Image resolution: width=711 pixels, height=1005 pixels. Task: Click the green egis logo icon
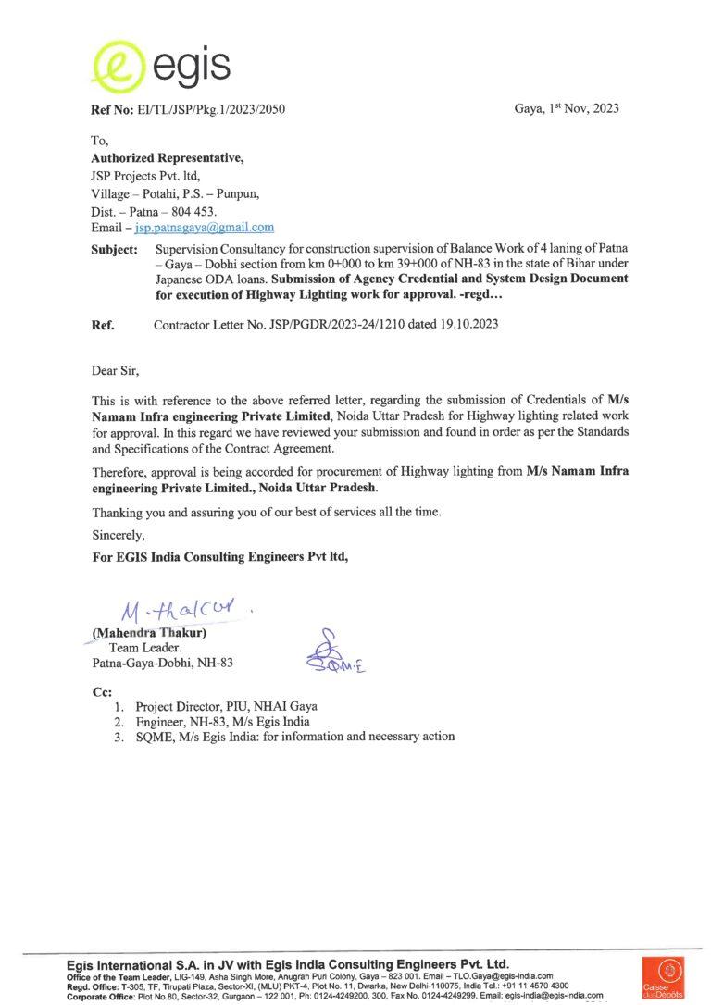[x=118, y=65]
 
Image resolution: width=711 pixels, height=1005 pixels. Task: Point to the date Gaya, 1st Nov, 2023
[x=567, y=108]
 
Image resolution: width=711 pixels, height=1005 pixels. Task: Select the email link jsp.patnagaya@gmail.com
[x=205, y=227]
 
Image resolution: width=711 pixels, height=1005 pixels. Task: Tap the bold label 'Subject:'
[x=115, y=250]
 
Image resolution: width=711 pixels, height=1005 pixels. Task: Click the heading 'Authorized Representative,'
[x=167, y=158]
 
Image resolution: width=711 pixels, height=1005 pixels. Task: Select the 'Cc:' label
[x=101, y=691]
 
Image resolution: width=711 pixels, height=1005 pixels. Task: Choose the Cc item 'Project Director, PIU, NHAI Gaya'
[x=227, y=706]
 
